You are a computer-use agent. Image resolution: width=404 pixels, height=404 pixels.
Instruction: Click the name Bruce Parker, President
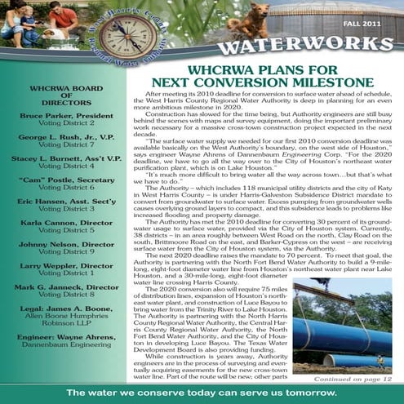(x=67, y=116)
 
